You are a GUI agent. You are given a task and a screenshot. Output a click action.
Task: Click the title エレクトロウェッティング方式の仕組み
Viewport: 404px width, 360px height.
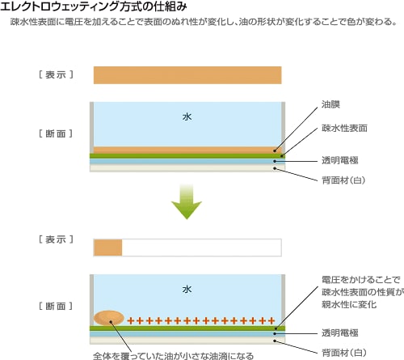(x=94, y=6)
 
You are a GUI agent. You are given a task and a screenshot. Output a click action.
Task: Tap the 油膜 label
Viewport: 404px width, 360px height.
(x=330, y=104)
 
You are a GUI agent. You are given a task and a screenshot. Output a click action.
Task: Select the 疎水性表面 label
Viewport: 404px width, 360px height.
(x=344, y=128)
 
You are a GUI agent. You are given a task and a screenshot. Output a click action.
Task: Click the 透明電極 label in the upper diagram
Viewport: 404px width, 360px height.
(x=339, y=160)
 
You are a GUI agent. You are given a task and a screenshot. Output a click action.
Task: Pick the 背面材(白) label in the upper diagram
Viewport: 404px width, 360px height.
(x=343, y=180)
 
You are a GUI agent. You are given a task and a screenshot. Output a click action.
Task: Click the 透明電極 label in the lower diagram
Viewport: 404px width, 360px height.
(x=339, y=333)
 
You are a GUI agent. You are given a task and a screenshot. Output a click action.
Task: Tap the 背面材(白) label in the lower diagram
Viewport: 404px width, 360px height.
(x=344, y=353)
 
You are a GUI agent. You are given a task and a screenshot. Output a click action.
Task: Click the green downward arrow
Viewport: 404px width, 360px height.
(x=187, y=202)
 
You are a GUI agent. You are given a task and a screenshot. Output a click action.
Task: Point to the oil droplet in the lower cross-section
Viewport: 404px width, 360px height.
(x=109, y=318)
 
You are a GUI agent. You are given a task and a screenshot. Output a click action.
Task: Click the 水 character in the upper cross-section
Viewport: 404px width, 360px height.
(x=187, y=116)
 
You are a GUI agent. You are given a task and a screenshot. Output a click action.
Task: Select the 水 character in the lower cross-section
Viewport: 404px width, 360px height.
(x=187, y=290)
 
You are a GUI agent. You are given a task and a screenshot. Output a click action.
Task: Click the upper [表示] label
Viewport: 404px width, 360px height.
(x=56, y=74)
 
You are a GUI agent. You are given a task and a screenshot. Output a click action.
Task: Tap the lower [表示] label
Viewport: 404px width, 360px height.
(x=56, y=239)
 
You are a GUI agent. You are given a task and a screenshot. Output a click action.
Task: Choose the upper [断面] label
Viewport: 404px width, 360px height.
(x=56, y=133)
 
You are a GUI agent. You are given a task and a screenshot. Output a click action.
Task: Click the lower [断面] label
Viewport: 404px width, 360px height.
(x=56, y=306)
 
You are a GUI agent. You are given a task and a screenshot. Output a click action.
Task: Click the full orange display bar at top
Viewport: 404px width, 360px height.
(x=187, y=75)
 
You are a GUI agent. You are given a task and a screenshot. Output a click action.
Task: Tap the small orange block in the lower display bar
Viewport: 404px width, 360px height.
(x=107, y=248)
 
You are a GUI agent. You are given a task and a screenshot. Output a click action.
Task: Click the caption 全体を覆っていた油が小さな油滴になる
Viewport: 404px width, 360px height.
(x=173, y=356)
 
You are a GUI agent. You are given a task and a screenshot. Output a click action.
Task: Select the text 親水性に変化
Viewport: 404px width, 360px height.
(x=349, y=304)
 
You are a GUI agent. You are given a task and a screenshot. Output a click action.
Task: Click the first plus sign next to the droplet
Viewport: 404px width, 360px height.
(x=131, y=320)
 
